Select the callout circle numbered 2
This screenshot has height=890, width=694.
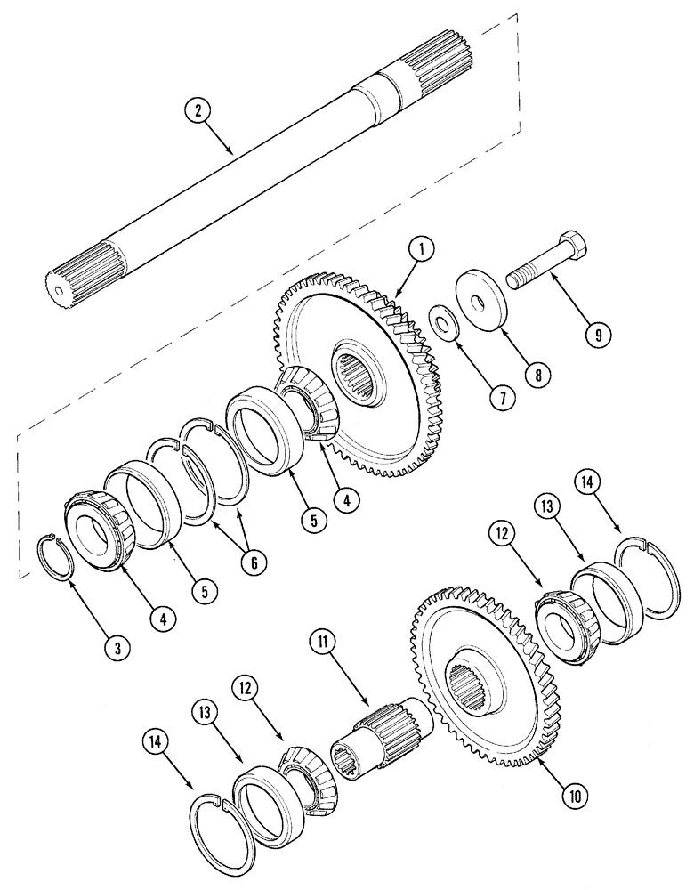[198, 112]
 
